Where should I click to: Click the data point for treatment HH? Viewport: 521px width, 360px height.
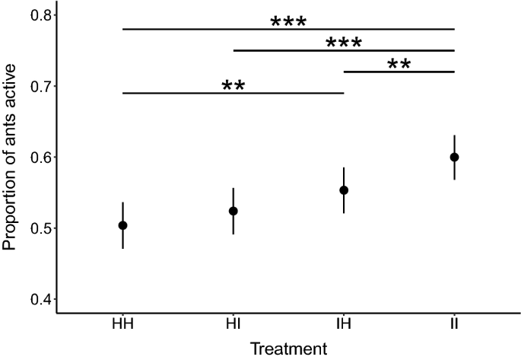122,225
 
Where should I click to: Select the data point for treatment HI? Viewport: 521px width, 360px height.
233,211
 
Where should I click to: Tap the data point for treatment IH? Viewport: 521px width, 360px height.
344,190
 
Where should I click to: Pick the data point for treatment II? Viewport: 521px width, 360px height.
455,157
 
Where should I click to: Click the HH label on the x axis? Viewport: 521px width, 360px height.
122,325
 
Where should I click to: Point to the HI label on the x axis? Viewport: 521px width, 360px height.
233,325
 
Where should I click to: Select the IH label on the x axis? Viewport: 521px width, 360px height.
344,325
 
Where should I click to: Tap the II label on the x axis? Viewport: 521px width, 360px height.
455,325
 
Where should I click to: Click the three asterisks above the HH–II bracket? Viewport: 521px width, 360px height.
288,21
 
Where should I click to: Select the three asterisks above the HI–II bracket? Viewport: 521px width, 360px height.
344,43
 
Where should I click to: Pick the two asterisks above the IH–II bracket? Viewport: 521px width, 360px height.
399,64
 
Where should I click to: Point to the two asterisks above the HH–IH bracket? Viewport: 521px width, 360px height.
233,85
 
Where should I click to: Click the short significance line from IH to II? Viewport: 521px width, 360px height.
399,72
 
